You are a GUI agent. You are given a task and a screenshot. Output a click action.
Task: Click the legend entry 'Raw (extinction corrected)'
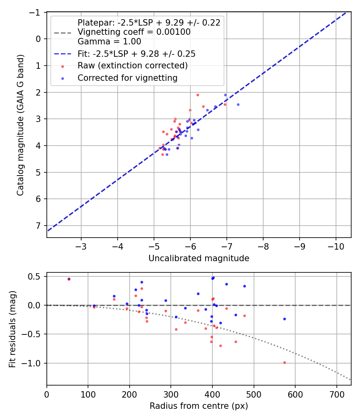click(x=132, y=65)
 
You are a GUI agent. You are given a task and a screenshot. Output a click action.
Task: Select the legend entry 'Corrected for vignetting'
click(x=127, y=78)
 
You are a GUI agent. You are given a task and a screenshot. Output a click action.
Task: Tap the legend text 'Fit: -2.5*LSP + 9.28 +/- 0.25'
click(x=136, y=53)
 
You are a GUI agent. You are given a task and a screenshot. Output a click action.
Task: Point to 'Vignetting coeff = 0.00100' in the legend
click(x=134, y=32)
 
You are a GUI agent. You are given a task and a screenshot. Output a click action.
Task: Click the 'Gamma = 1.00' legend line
click(x=109, y=41)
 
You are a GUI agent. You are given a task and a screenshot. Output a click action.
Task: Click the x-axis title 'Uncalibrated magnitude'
click(x=199, y=258)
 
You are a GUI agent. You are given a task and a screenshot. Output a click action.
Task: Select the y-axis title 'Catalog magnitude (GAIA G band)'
click(x=21, y=125)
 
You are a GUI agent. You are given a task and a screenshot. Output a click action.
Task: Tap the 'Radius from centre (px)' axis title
click(x=199, y=406)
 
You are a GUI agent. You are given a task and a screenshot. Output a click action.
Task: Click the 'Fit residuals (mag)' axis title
click(x=12, y=329)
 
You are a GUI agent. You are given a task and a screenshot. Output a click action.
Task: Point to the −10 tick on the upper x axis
click(x=336, y=245)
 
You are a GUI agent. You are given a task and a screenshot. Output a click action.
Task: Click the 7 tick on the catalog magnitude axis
click(x=39, y=226)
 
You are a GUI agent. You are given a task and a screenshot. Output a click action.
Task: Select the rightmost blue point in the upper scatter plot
click(x=238, y=104)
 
